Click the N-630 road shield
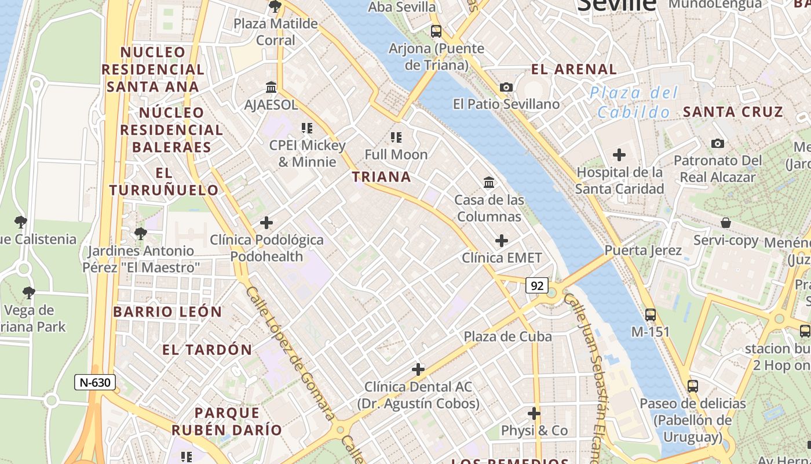(95, 382)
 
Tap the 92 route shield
(537, 285)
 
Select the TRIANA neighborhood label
(382, 177)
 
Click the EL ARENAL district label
(574, 69)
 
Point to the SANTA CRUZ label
(733, 112)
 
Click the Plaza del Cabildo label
(634, 102)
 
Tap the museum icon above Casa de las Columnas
(489, 183)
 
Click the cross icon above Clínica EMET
(502, 241)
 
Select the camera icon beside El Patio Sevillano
(506, 87)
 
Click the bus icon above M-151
(651, 314)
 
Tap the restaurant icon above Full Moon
(396, 137)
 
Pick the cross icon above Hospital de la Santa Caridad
(619, 155)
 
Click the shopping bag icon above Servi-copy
(725, 223)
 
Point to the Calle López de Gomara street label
(290, 353)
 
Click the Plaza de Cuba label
(507, 336)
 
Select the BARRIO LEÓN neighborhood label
(167, 312)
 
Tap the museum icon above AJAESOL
(271, 88)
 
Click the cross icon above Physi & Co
(534, 414)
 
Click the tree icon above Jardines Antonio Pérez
(140, 234)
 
